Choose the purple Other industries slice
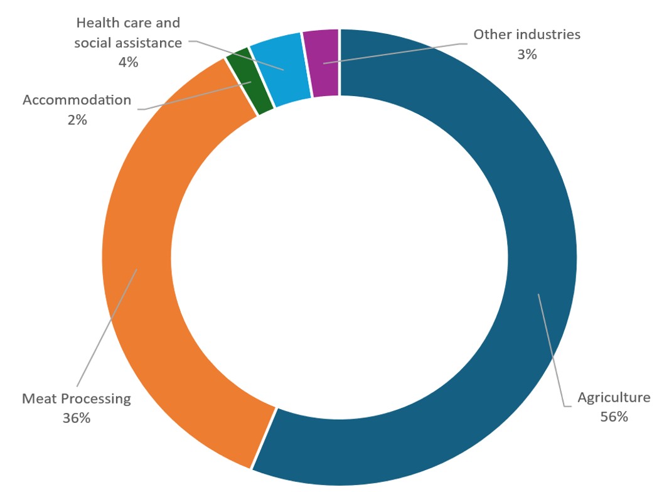(x=321, y=63)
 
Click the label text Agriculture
(x=613, y=397)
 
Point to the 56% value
(x=613, y=416)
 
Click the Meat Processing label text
(x=77, y=398)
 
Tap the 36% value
(x=77, y=417)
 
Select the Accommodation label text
(x=77, y=100)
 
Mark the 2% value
(x=77, y=119)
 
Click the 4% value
(x=127, y=62)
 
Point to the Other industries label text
(x=527, y=35)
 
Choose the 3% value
(x=527, y=54)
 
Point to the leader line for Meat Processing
(x=107, y=326)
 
